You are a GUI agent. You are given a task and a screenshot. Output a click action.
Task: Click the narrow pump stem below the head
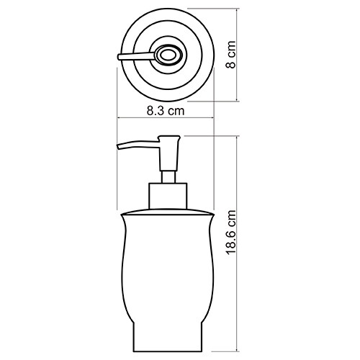[x=168, y=176]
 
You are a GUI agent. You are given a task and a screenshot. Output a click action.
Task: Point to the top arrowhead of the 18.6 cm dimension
[x=240, y=138]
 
